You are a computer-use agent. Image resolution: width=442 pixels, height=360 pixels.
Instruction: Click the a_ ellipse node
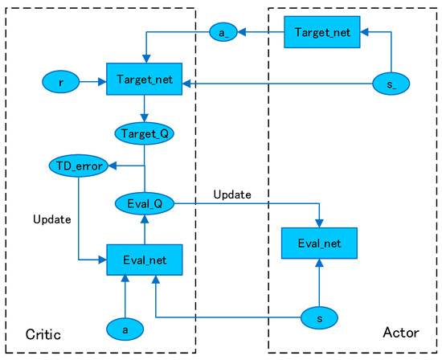[222, 33]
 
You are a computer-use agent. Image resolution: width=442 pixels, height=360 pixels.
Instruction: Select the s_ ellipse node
[391, 81]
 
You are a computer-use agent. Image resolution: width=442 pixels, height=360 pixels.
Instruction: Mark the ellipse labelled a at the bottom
[125, 328]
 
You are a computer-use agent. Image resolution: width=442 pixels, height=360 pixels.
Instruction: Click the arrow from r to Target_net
[92, 81]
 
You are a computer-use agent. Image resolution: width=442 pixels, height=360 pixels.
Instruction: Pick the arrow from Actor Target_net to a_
[261, 33]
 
